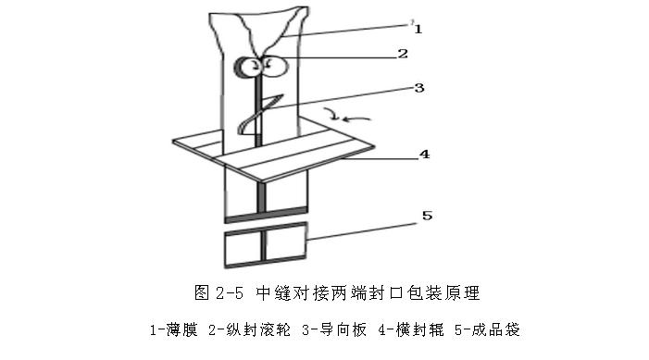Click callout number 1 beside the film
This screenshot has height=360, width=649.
point(418,29)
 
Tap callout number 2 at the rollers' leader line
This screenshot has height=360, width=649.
point(402,54)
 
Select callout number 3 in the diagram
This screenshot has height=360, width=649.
point(418,89)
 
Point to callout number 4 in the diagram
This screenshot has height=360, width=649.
point(424,155)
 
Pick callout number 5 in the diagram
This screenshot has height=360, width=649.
point(427,216)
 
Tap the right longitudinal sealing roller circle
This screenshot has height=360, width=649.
point(274,65)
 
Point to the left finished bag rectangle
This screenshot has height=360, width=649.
point(243,243)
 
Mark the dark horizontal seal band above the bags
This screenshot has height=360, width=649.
point(265,217)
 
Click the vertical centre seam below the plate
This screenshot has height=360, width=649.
point(265,196)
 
